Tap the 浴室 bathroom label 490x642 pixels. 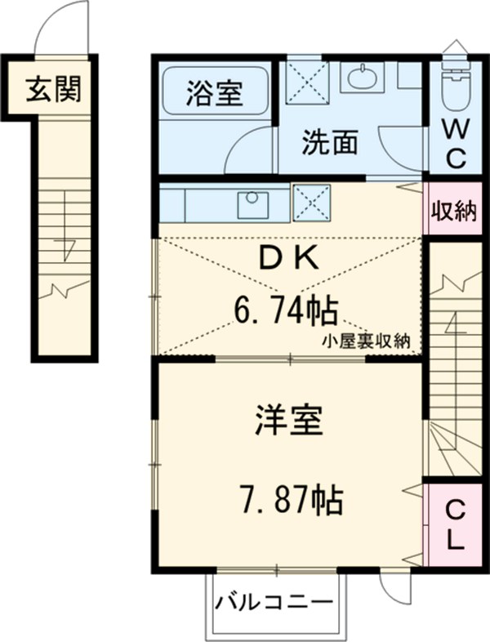(214, 93)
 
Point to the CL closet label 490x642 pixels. (453, 526)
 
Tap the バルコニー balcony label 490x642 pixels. (274, 604)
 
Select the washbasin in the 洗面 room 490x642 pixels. (361, 78)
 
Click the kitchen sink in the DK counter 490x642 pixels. (253, 204)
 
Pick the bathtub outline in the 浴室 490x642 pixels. (214, 91)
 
